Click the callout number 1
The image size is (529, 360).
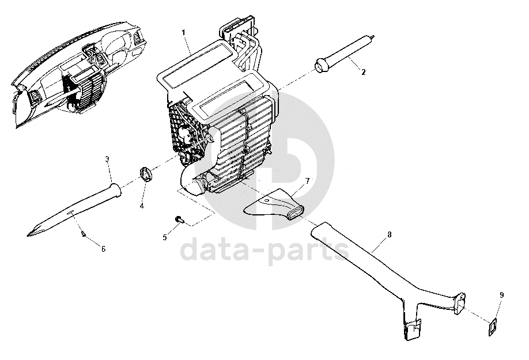(184, 33)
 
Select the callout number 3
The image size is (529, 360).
(108, 158)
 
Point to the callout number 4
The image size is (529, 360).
(142, 205)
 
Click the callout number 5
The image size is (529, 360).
(165, 237)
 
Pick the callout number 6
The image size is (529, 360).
(103, 249)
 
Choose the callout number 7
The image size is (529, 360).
(307, 181)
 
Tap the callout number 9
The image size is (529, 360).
(501, 295)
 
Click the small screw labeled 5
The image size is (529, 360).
(179, 219)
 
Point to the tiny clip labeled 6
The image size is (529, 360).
(85, 233)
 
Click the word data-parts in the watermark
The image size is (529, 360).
(266, 251)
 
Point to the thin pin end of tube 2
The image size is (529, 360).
(374, 36)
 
